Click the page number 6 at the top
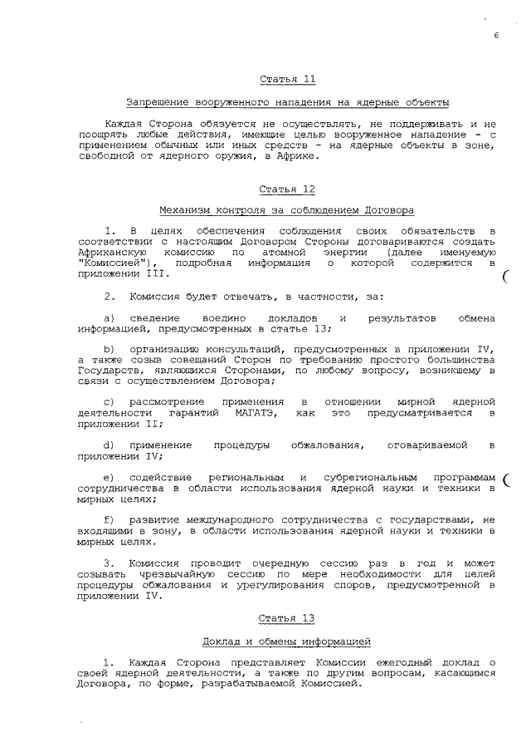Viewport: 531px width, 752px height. click(x=495, y=35)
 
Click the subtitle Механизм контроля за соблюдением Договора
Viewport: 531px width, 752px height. click(x=287, y=211)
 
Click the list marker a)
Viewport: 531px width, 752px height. click(x=109, y=318)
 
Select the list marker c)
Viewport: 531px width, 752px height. click(x=109, y=401)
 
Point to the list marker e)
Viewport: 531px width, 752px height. click(x=109, y=478)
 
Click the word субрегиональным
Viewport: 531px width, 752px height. click(x=368, y=478)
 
